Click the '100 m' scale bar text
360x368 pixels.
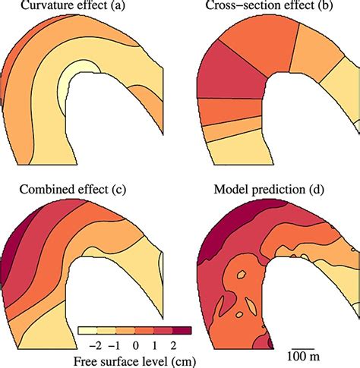pos(302,357)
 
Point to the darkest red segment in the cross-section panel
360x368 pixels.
pos(228,83)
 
